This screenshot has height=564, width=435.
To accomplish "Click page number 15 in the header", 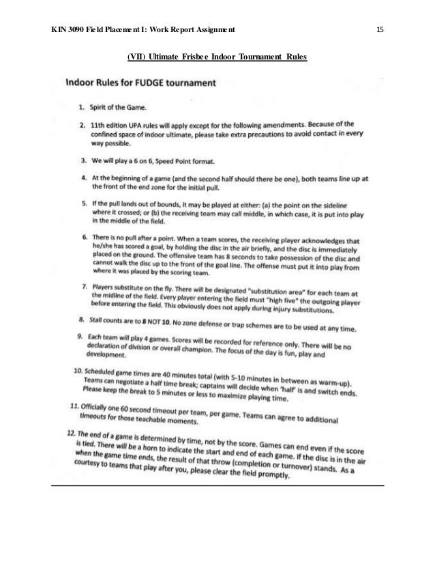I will click(380, 30).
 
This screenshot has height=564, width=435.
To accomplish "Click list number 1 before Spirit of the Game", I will click(80, 107).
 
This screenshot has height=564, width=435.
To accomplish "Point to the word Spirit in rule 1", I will click(100, 108).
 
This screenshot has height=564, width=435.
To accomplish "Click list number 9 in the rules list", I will click(80, 336).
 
